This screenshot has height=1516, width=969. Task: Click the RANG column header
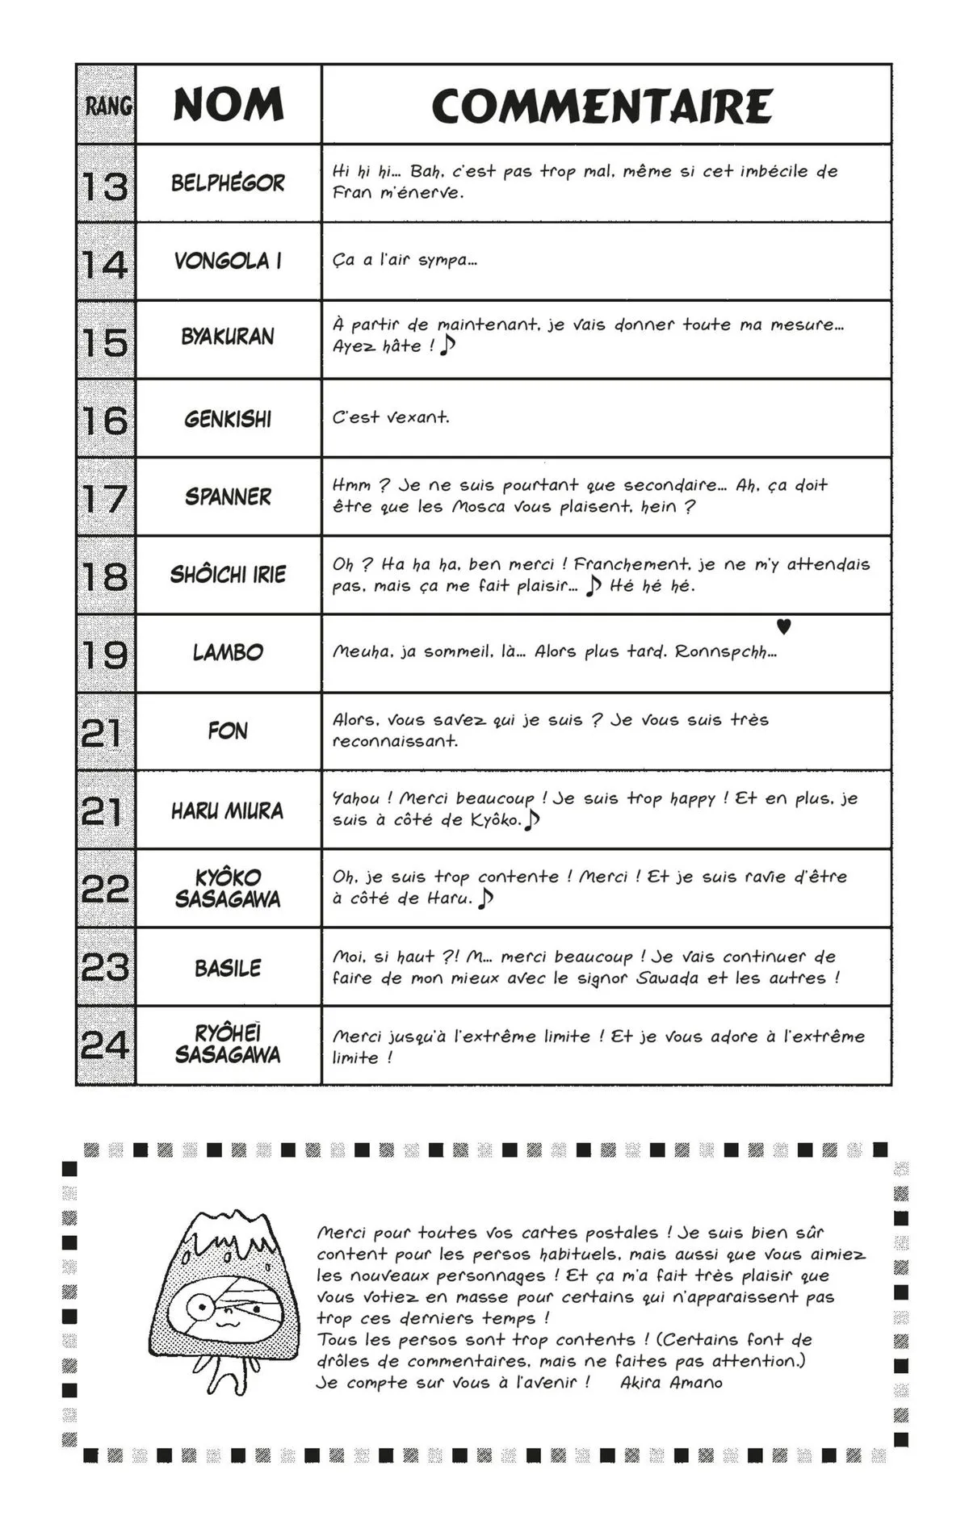point(107,106)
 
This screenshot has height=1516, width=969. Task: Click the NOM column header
point(229,105)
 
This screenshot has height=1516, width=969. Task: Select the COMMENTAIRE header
point(602,106)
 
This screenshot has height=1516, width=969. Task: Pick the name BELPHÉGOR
point(228,183)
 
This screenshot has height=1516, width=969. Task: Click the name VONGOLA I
point(228,262)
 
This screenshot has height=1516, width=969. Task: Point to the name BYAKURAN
point(228,337)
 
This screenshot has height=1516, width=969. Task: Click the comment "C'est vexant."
point(391,417)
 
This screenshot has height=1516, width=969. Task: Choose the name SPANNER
point(228,496)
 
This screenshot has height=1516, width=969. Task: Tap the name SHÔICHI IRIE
point(228,575)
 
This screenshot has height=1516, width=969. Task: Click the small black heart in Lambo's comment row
point(783,626)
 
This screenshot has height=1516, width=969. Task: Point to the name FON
point(228,731)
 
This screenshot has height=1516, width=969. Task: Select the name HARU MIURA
point(228,810)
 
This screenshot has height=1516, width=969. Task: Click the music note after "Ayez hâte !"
point(449,345)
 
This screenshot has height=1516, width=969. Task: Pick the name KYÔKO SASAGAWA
point(228,888)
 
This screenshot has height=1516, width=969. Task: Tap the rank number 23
point(106,967)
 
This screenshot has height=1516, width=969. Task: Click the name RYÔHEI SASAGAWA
point(228,1045)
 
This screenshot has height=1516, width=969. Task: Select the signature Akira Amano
point(671,1383)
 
